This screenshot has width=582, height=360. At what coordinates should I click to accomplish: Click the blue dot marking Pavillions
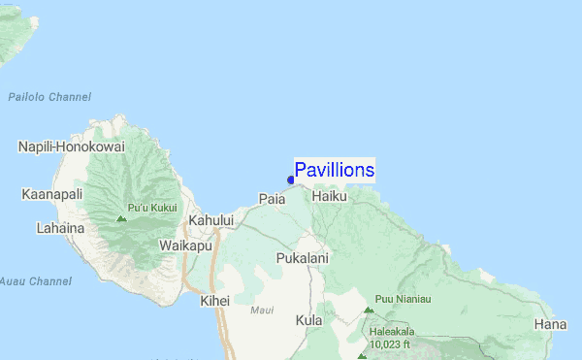point(291,180)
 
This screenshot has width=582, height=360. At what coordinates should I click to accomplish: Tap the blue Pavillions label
point(335,171)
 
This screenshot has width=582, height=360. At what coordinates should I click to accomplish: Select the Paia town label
point(272,198)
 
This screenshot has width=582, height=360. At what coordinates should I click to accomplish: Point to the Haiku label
point(330,196)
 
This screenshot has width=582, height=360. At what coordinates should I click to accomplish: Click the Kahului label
point(211,221)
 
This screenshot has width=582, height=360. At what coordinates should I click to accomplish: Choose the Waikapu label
point(185,245)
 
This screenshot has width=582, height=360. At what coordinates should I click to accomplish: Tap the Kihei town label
point(214,301)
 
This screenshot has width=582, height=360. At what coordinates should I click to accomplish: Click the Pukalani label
point(303,259)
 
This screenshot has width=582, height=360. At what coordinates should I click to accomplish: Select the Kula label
point(309,319)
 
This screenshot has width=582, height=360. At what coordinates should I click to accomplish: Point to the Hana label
point(550,323)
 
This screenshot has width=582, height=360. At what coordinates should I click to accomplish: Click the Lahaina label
point(34,229)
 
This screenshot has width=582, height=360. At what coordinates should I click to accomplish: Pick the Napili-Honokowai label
point(71,147)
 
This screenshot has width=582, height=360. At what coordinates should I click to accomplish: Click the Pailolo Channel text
point(48,97)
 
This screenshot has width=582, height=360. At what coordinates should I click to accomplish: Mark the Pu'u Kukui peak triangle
point(120,218)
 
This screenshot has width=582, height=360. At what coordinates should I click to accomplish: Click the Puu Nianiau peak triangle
point(369,311)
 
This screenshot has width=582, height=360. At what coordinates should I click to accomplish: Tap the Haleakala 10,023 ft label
point(391,337)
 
